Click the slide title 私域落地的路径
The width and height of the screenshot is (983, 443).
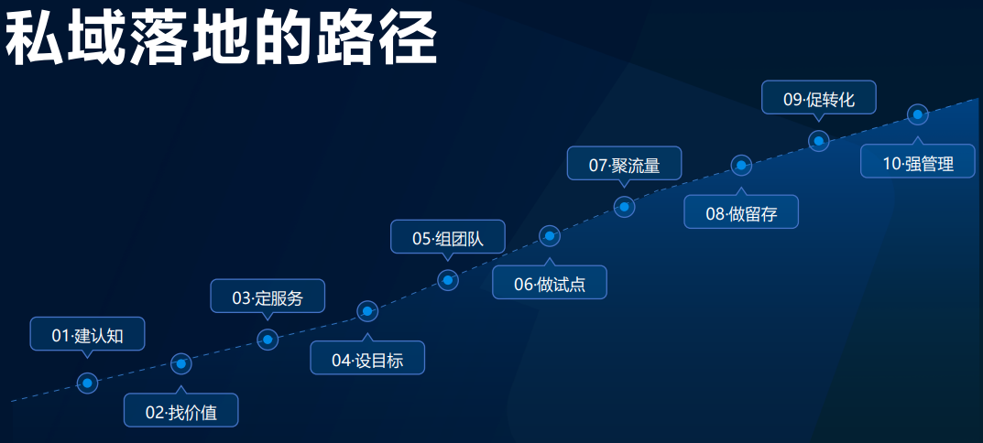pyautogui.click(x=221, y=38)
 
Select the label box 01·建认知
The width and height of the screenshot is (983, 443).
pyautogui.click(x=88, y=334)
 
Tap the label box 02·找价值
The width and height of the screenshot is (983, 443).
pyautogui.click(x=181, y=410)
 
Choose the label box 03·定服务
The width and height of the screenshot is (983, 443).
pyautogui.click(x=268, y=296)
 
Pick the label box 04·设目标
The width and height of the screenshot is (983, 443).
pyautogui.click(x=367, y=358)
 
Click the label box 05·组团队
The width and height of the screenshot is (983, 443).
pyautogui.click(x=448, y=237)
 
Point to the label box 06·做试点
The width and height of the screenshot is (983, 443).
pyautogui.click(x=549, y=282)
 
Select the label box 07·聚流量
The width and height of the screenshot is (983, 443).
pyautogui.click(x=624, y=164)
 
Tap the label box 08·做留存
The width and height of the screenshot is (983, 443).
pyautogui.click(x=741, y=211)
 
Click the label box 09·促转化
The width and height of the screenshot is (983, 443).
pyautogui.click(x=819, y=98)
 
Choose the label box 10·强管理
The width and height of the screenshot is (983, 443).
pyautogui.click(x=918, y=161)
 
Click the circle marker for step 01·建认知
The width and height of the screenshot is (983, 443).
pyautogui.click(x=87, y=383)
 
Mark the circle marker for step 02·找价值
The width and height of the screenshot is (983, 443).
pyautogui.click(x=181, y=363)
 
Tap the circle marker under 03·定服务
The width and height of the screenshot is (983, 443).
pyautogui.click(x=268, y=340)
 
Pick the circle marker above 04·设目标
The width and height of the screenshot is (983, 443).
pyautogui.click(x=367, y=311)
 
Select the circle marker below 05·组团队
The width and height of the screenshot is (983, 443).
pyautogui.click(x=448, y=280)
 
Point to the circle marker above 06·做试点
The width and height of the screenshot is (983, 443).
pyautogui.click(x=550, y=236)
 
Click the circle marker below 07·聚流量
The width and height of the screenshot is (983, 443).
pyautogui.click(x=624, y=207)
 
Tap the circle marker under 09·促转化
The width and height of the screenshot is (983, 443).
pyautogui.click(x=819, y=141)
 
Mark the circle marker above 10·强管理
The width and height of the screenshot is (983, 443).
pyautogui.click(x=917, y=114)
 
